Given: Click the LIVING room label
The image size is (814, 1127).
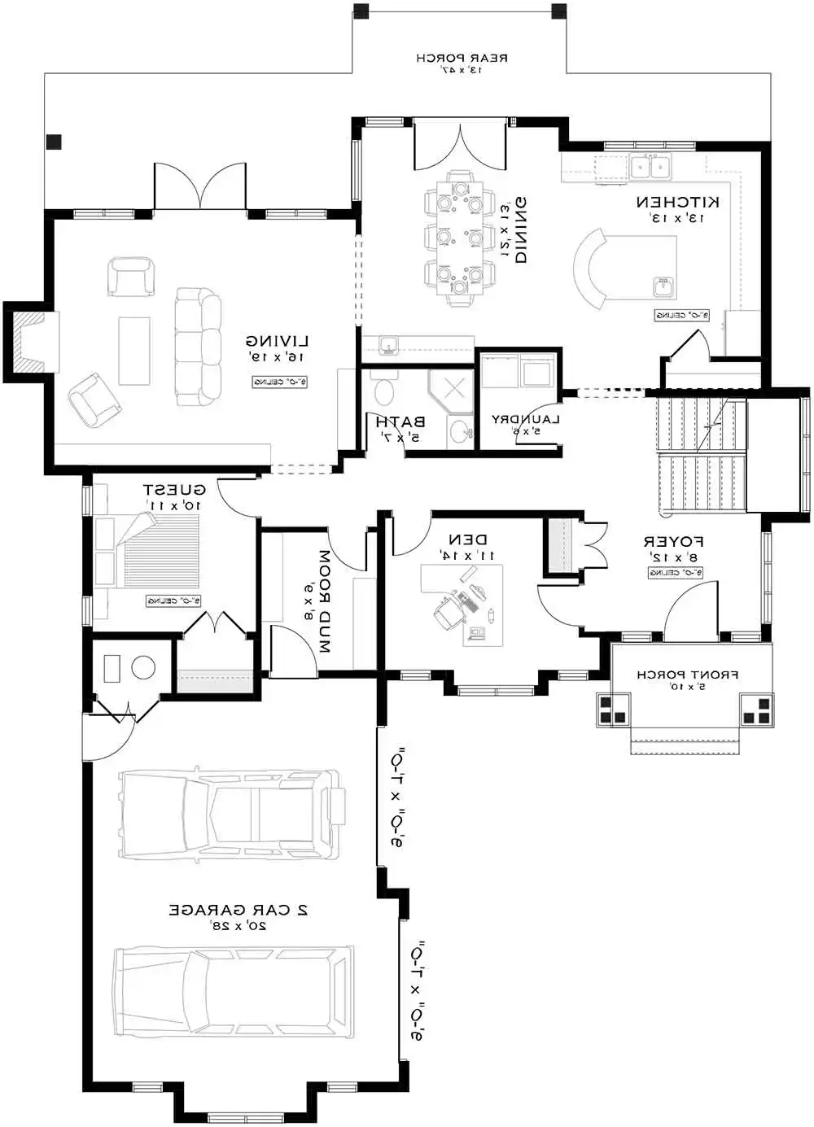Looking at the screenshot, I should [x=278, y=341].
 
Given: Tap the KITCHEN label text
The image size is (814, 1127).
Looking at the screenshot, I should [x=677, y=202].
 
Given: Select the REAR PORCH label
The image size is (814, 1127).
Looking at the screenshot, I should [x=462, y=59].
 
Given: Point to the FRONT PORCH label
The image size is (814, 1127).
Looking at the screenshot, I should [x=688, y=675].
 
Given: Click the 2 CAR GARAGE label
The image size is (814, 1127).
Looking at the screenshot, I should [x=239, y=910].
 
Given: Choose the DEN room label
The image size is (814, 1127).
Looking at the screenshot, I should [x=468, y=539].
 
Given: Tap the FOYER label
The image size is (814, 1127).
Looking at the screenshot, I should [x=673, y=541].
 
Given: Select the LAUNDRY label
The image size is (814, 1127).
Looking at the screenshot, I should [x=526, y=419].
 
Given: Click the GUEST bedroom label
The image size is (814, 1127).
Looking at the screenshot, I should [x=174, y=490].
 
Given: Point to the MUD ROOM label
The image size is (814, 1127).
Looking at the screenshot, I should [x=324, y=602].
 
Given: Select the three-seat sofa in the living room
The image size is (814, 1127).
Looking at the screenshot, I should [x=198, y=347].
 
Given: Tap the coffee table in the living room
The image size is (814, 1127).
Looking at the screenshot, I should [x=134, y=351].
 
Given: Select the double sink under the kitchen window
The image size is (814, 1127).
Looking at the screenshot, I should [x=650, y=167].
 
